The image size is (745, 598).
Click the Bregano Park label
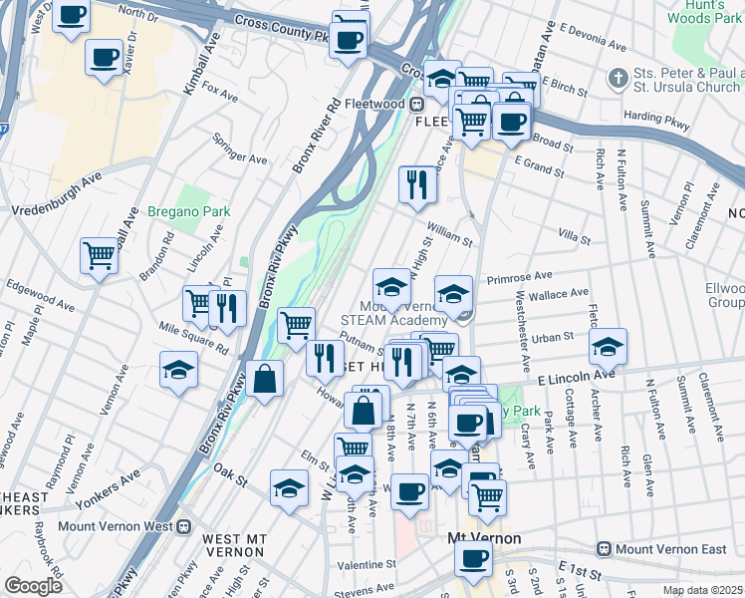189,211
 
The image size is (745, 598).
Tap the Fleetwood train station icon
419,103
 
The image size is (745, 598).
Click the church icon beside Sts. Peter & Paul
619,78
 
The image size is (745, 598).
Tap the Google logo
33,585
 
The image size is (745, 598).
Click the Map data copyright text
703,590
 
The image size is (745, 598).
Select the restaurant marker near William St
416,181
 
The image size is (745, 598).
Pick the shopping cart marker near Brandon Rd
99,254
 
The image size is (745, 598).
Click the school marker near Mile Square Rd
179,368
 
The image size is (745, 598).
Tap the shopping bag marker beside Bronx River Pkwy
266,379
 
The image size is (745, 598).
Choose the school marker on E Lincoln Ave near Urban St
607,345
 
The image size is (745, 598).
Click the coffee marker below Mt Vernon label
472,556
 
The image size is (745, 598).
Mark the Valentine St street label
367,564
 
